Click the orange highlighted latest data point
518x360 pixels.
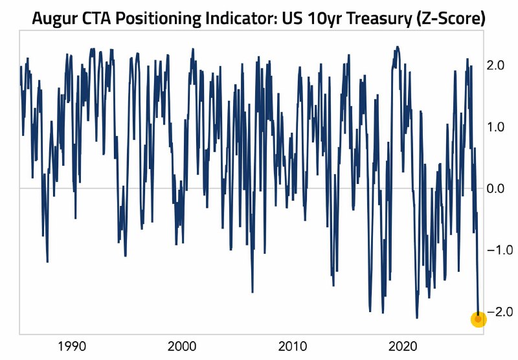tap(478, 319)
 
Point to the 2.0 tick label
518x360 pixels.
tap(495, 65)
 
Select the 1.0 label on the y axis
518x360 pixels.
tap(495, 127)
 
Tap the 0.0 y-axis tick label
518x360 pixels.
tap(495, 188)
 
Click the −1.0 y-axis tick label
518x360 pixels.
tap(500, 250)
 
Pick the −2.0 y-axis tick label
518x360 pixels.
tap(500, 312)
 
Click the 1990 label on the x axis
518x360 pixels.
tap(72, 346)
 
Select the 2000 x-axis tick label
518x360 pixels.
tap(182, 346)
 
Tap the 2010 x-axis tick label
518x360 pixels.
tap(293, 346)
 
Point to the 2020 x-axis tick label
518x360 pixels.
tap(403, 346)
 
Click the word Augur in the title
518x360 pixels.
tap(54, 19)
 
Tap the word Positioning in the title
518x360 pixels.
tap(159, 19)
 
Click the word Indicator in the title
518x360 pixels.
tap(242, 19)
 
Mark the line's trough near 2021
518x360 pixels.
tap(417, 318)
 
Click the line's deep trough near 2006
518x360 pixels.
tap(253, 292)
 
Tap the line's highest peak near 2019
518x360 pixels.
tap(398, 47)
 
